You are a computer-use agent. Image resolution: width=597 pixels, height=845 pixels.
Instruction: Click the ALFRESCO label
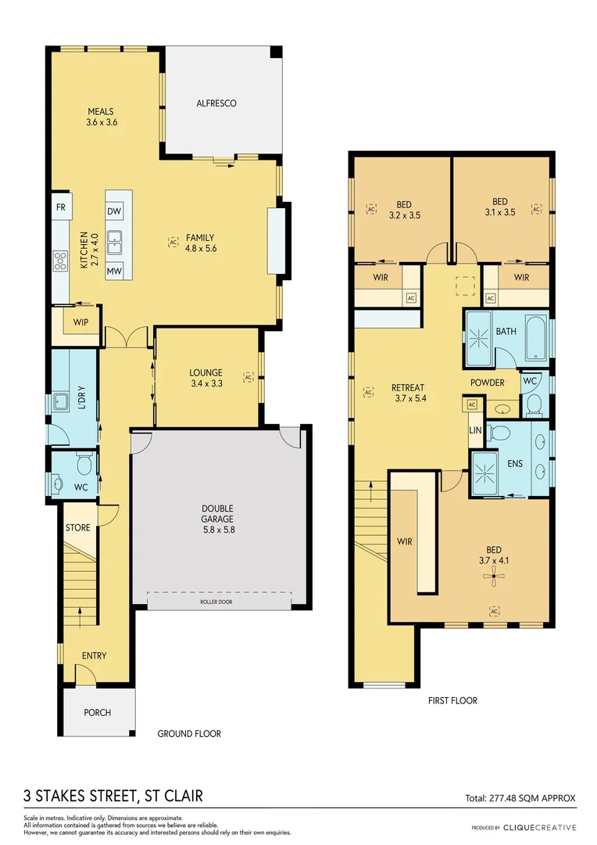(216, 103)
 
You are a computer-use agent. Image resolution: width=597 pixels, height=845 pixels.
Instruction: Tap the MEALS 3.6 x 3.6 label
(101, 117)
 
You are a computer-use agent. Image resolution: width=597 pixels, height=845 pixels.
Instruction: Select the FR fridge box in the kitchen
(60, 207)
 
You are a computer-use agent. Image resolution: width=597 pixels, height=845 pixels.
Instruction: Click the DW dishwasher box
(113, 211)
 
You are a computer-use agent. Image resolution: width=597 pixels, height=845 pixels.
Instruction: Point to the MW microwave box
(113, 271)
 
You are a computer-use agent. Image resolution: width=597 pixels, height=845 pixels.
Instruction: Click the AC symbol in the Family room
(173, 242)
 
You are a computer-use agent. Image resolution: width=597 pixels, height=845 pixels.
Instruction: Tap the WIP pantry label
(80, 322)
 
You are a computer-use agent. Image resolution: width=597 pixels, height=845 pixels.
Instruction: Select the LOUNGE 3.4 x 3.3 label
(206, 378)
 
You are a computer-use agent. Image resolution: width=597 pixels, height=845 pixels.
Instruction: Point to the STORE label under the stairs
(77, 528)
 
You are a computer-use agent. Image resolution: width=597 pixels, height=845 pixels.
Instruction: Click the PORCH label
(98, 713)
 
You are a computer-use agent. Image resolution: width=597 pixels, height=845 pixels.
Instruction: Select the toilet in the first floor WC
(534, 402)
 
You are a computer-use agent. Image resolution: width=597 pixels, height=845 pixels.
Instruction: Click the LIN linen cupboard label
(475, 430)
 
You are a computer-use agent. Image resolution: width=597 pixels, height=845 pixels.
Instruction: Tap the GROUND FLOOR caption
(189, 734)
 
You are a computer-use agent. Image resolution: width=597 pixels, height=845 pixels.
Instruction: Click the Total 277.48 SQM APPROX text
(520, 798)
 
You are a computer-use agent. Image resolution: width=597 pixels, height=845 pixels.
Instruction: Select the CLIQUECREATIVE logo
(539, 827)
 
